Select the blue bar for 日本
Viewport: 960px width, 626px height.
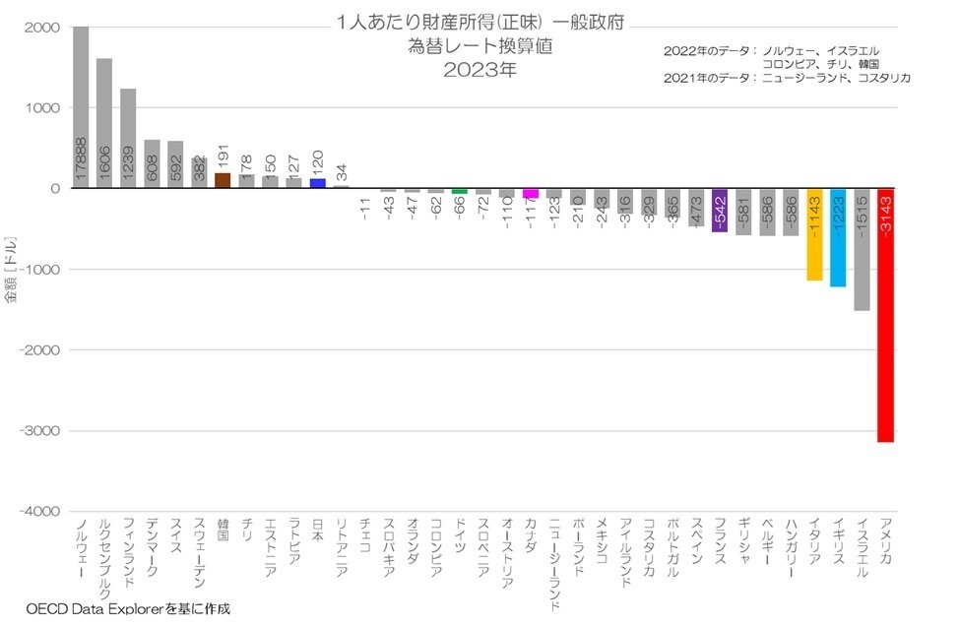click(x=317, y=183)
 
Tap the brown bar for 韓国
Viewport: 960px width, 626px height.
click(x=223, y=181)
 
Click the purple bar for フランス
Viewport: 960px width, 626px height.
click(x=719, y=211)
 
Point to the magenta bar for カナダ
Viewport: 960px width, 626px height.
click(x=530, y=193)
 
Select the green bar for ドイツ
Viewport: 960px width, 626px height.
click(x=459, y=191)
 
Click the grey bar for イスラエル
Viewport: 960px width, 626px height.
click(x=862, y=250)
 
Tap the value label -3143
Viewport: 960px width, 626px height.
click(x=885, y=216)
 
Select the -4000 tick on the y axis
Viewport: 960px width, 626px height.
click(x=42, y=512)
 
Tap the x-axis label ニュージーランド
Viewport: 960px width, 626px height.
click(x=553, y=561)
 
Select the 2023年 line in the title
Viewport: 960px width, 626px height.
click(x=479, y=70)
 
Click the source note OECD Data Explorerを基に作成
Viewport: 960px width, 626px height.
click(x=128, y=609)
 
